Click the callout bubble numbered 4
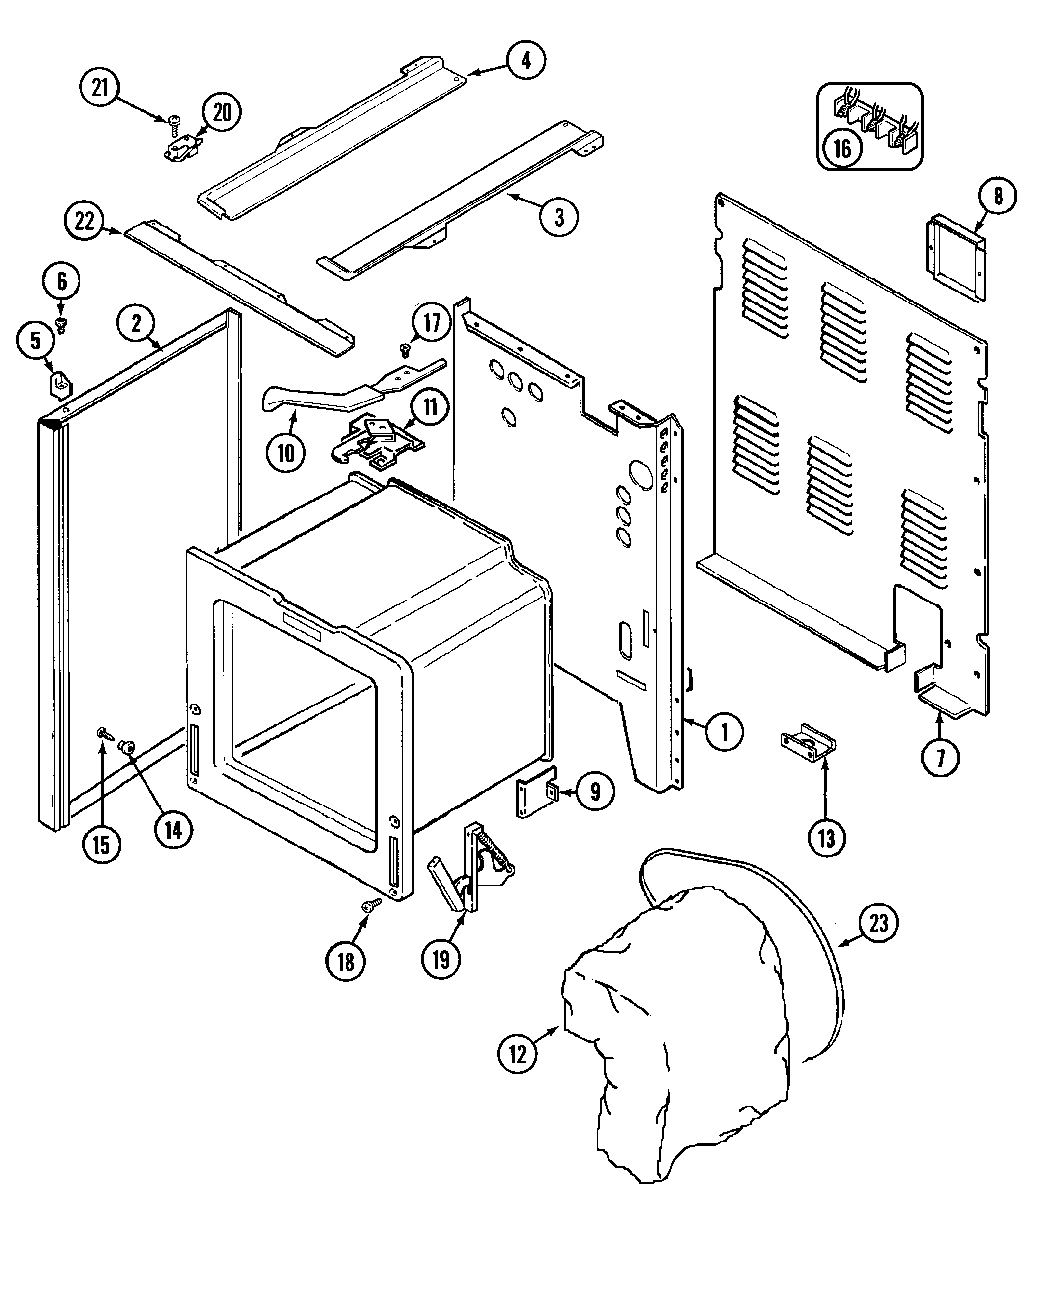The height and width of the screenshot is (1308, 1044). (x=526, y=61)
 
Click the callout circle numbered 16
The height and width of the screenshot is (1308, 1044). (x=842, y=149)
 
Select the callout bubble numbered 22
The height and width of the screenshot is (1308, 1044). (x=84, y=221)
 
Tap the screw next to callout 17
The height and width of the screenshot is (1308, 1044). (x=405, y=349)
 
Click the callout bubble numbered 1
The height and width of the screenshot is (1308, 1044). (x=724, y=732)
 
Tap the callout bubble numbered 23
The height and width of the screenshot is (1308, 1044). (x=878, y=923)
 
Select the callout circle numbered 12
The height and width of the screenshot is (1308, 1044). (x=517, y=1054)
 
